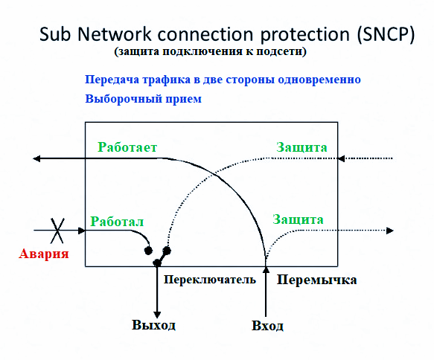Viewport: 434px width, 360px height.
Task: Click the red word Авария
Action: tap(44, 254)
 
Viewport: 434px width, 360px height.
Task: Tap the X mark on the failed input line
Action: tap(57, 231)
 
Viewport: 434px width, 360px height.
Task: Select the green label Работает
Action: tap(127, 147)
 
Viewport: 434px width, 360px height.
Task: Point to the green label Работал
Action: tap(117, 222)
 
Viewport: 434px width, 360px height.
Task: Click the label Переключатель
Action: tap(210, 280)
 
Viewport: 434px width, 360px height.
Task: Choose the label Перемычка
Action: tap(316, 280)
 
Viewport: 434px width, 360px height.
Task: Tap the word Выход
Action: tap(153, 324)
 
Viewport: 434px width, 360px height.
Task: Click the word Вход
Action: tap(267, 326)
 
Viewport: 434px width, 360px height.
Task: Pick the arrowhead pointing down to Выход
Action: tap(157, 315)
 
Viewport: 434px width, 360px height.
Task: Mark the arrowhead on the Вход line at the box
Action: tap(266, 270)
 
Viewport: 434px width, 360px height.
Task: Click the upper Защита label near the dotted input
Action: tap(301, 147)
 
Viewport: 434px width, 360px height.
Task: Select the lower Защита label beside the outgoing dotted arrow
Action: tap(298, 219)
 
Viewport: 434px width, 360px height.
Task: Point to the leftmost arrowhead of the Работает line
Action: tap(36, 158)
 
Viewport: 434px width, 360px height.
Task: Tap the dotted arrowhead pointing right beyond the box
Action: tap(390, 231)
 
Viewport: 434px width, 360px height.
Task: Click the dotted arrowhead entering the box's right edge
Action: tap(341, 158)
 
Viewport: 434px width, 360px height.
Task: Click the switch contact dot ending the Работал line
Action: tap(148, 251)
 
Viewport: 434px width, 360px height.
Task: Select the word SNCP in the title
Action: tap(386, 34)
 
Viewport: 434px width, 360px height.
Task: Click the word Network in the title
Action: tap(115, 34)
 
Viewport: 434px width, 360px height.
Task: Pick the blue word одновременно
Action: tap(319, 80)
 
